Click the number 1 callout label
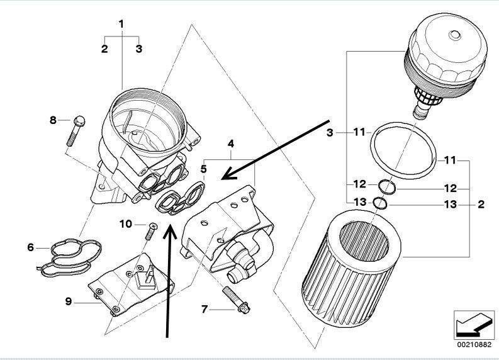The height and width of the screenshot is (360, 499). (121, 24)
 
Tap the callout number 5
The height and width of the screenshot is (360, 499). (203, 169)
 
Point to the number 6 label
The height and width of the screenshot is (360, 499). (30, 248)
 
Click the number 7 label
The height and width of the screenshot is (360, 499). (205, 310)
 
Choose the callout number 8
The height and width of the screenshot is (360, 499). (53, 120)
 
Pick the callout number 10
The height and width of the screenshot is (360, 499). (124, 224)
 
